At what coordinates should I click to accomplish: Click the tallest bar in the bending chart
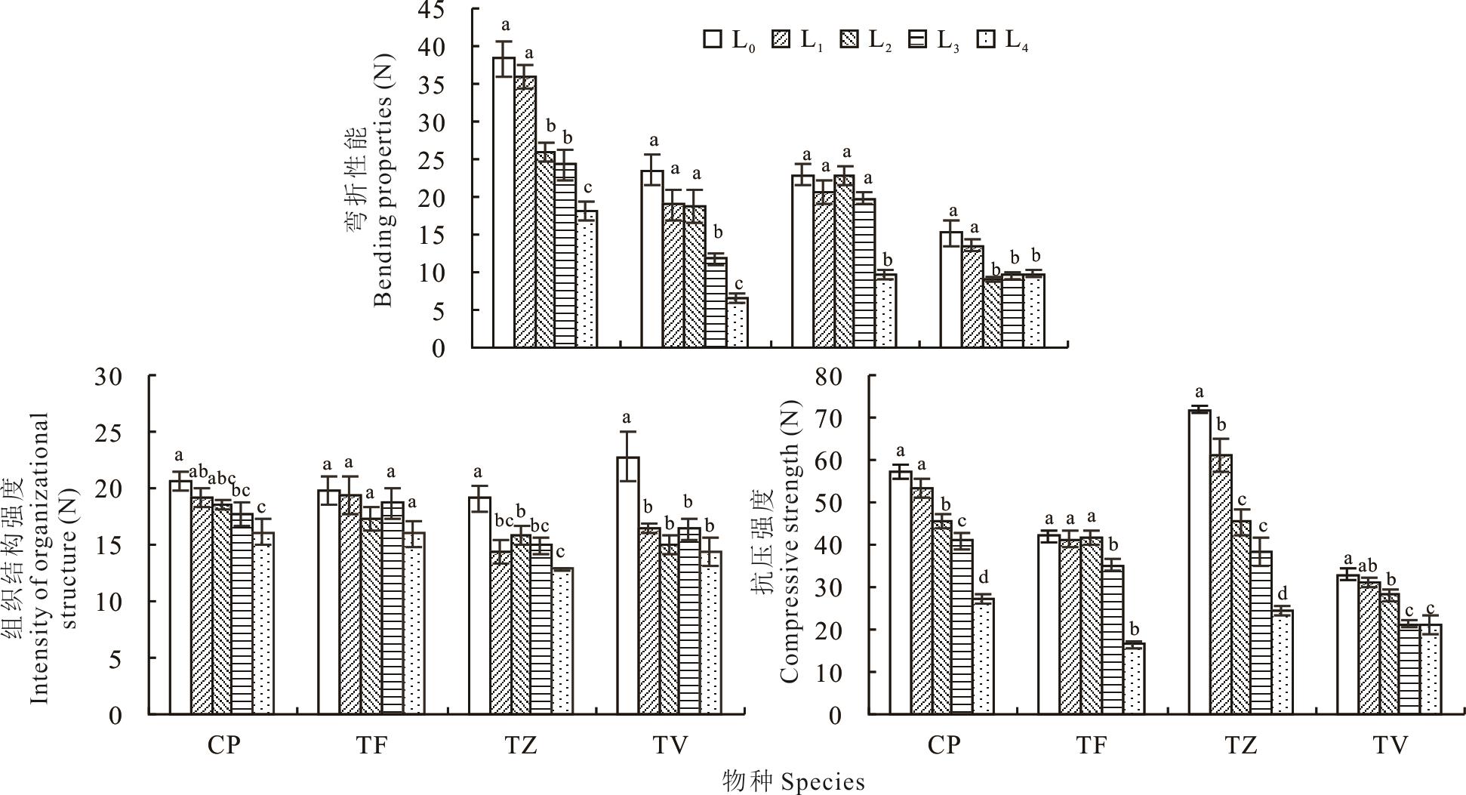point(504,202)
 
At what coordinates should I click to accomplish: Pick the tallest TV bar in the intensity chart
point(628,585)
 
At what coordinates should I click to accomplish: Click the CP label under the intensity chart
point(223,746)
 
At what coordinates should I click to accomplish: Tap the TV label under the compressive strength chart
point(1390,746)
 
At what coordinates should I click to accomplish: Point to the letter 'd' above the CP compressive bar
point(982,578)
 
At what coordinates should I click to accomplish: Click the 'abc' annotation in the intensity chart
point(221,478)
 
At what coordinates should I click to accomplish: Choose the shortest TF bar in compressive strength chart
point(1134,678)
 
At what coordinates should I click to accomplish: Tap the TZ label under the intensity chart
point(521,746)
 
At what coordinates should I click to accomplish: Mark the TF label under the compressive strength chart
point(1092,746)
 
